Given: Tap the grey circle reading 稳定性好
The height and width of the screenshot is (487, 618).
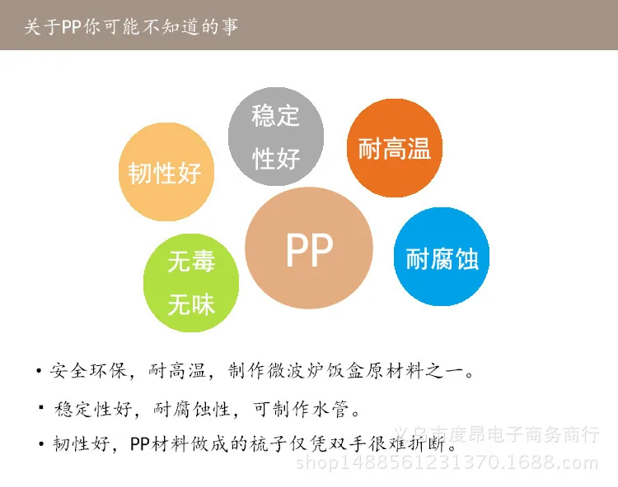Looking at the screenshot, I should tap(275, 137).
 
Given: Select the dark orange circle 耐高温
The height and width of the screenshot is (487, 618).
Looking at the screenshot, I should tap(395, 148).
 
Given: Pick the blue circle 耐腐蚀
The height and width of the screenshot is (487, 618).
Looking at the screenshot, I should tap(442, 257).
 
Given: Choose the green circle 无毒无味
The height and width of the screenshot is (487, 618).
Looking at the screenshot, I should tap(191, 282).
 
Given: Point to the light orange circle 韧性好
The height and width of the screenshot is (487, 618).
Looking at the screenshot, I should tap(166, 172).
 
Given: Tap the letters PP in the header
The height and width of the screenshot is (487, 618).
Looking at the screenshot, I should tap(73, 26).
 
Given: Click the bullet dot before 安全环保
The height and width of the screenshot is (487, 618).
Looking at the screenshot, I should tap(39, 372).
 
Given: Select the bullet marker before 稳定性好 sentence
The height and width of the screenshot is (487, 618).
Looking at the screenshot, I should tap(40, 408).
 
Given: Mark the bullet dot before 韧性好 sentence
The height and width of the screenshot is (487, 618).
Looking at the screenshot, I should tap(40, 444).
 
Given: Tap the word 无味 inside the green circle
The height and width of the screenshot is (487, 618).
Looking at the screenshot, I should tap(191, 305).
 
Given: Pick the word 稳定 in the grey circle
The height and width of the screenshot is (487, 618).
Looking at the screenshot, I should tap(275, 115).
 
